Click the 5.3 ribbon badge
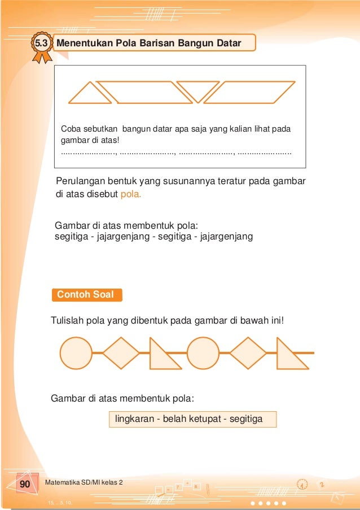[x=41, y=44]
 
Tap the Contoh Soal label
[x=86, y=295]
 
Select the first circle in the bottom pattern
[x=76, y=353]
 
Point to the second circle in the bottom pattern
[x=203, y=353]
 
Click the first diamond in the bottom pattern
[x=121, y=353]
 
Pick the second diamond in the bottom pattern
[x=248, y=353]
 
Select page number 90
[x=25, y=485]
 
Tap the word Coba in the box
[x=71, y=129]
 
